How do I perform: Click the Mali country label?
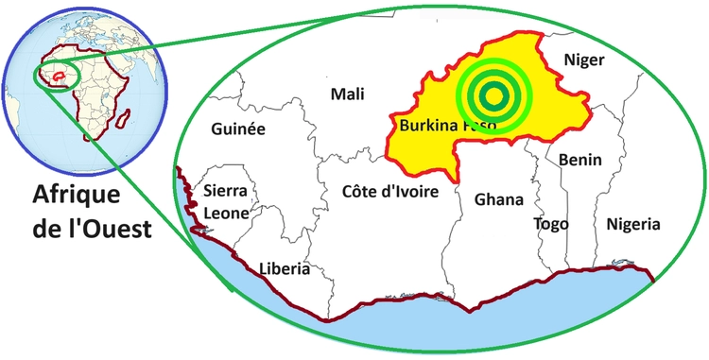347,94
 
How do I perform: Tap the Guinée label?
238,129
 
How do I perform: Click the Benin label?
579,161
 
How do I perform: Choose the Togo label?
550,224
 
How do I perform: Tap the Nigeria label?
632,224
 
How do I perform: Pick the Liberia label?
285,269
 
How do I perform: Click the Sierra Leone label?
227,202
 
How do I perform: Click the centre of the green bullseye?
492,94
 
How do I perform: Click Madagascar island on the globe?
124,118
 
